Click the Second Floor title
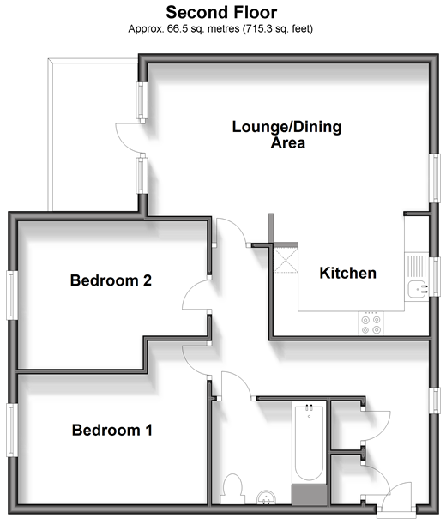221,13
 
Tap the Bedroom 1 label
112,430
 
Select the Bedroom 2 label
111,280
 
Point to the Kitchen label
347,273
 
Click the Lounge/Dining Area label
286,135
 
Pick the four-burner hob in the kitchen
371,323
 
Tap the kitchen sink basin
417,289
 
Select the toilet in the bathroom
232,489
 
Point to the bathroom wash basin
267,497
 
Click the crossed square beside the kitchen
286,260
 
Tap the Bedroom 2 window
12,295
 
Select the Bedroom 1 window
12,431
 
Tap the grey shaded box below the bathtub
310,495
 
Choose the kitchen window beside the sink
435,276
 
